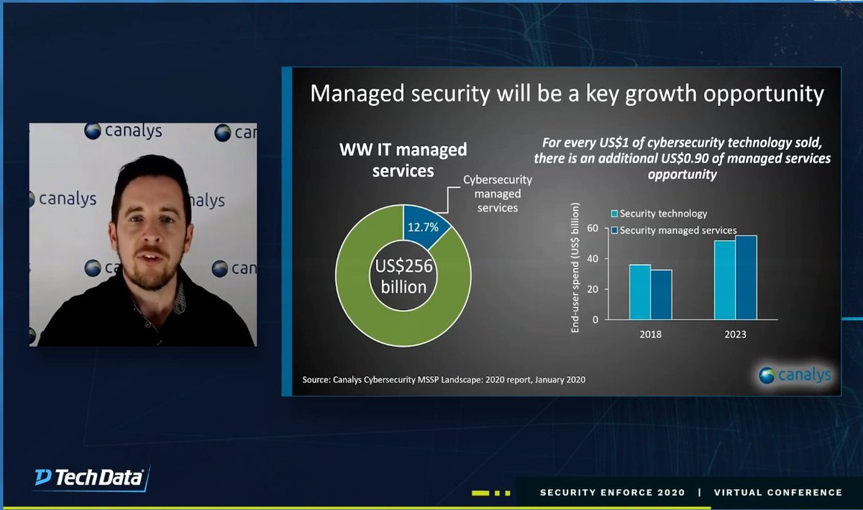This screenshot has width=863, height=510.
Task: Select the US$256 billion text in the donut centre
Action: point(403,276)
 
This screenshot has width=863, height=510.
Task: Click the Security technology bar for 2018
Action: point(640,292)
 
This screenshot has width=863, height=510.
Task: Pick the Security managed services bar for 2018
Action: point(661,294)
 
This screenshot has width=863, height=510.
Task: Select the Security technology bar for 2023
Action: point(725,280)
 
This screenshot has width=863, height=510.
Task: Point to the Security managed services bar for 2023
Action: point(746,278)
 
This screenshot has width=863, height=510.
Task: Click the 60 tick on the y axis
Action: point(593,228)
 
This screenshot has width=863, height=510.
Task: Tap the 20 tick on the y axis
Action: point(593,289)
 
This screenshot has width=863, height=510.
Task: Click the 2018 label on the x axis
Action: point(650,334)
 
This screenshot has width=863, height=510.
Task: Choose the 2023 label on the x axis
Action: point(735,334)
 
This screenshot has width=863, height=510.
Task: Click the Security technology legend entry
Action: point(659,214)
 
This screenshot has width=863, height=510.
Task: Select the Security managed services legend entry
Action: point(673,230)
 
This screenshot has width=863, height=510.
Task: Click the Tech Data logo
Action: point(91,478)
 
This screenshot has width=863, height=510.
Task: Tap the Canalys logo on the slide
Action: point(795,375)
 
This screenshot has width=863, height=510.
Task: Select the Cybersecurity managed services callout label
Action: point(492,194)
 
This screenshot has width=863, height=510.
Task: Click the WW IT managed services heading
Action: point(403,160)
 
